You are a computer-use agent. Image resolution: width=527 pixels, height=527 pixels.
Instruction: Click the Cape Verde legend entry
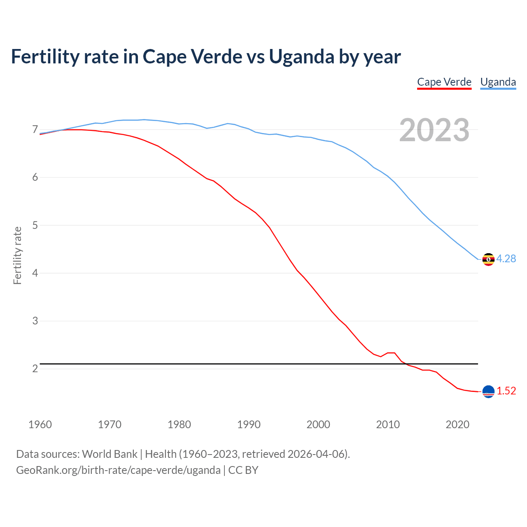(x=444, y=82)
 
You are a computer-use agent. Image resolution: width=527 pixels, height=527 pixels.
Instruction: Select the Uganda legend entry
(x=498, y=82)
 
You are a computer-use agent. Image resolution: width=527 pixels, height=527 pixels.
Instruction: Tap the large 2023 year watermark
(x=434, y=130)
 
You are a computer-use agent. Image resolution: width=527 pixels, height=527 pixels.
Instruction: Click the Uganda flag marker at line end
(x=488, y=259)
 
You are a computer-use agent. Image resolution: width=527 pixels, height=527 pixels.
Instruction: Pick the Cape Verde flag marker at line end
(x=488, y=392)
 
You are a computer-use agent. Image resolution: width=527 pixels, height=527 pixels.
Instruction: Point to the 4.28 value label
(x=506, y=259)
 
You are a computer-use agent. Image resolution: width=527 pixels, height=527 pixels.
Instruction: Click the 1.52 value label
(x=506, y=391)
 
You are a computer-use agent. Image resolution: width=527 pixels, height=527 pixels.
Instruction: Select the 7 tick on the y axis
(x=35, y=130)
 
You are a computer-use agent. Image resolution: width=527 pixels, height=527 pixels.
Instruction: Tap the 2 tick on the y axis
(x=35, y=368)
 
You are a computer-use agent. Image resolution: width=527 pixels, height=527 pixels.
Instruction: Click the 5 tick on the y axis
(x=35, y=225)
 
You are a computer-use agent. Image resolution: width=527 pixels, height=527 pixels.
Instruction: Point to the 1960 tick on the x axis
(x=40, y=424)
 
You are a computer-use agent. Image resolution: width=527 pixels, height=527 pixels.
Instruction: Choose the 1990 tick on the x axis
(x=249, y=424)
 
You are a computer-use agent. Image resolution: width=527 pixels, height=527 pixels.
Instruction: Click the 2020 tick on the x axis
(x=457, y=424)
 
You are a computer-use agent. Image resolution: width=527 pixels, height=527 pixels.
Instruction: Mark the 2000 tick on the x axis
(x=318, y=424)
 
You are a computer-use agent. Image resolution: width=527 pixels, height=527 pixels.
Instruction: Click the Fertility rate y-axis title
(x=17, y=255)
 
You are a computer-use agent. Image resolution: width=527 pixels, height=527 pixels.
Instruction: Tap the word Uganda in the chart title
(x=301, y=57)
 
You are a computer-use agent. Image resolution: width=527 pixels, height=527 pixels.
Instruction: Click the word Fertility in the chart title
(x=44, y=57)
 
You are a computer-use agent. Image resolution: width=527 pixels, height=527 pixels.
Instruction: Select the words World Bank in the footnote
(x=110, y=454)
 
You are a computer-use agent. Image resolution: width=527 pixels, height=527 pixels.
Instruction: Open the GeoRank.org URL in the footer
(x=118, y=470)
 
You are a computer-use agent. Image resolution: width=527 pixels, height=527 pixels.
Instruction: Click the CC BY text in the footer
(x=243, y=470)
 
